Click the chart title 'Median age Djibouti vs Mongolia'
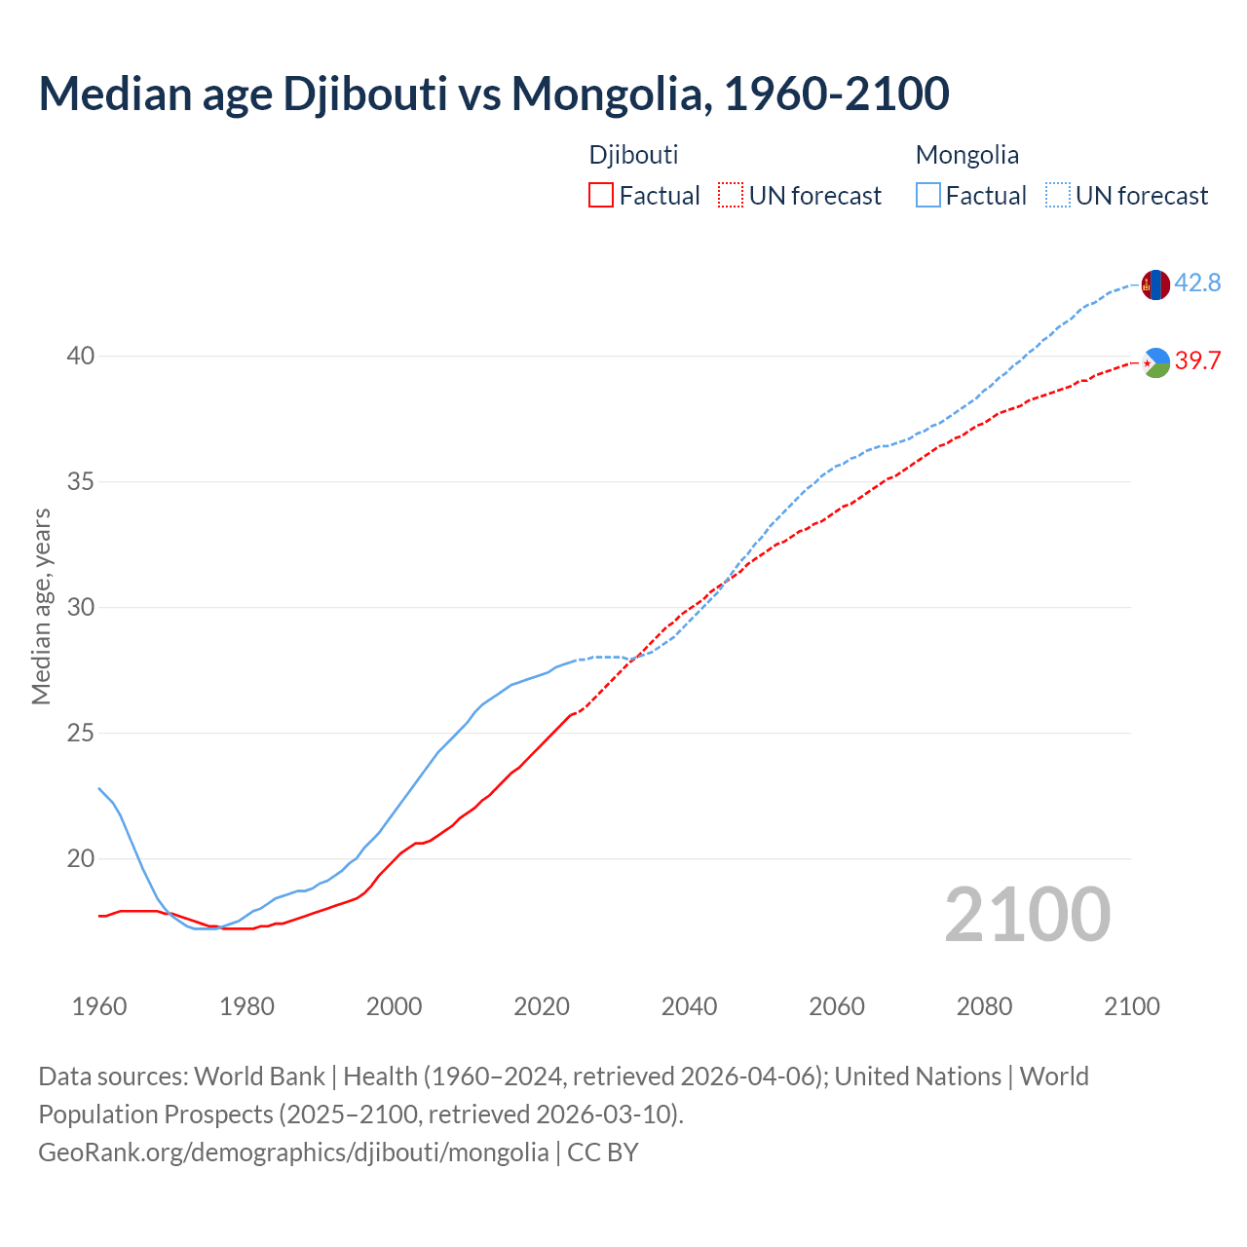pos(493,94)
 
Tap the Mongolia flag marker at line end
pos(1154,284)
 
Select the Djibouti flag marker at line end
pos(1154,362)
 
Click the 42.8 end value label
pos(1197,283)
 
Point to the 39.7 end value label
pos(1197,361)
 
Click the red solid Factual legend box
pos(601,196)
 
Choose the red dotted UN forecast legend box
pos(731,196)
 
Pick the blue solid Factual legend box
pos(928,196)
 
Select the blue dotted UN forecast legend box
pos(1058,196)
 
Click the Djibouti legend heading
pos(633,155)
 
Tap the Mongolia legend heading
pos(966,155)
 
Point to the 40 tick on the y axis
pos(81,357)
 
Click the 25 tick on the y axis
pos(81,734)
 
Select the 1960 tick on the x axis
pos(99,1006)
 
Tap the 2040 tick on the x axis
pos(689,1006)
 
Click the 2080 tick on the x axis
pos(984,1006)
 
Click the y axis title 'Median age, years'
pos(41,606)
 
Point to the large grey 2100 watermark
pos(1027,914)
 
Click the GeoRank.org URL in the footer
pos(293,1153)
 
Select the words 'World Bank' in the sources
pos(259,1077)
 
